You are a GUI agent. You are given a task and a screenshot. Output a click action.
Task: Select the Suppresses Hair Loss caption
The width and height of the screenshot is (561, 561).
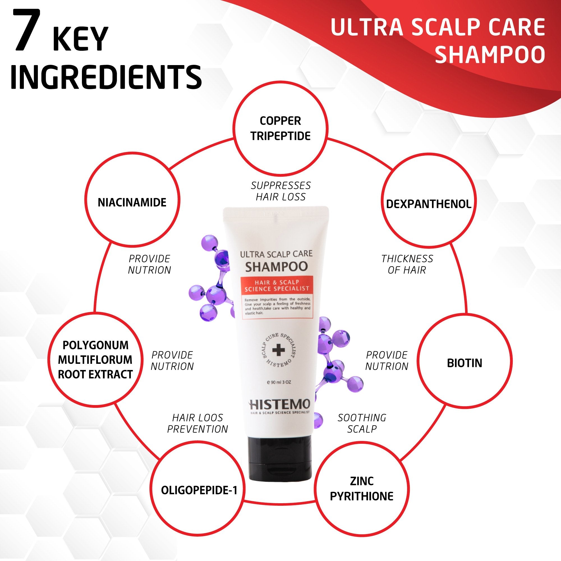coord(281,191)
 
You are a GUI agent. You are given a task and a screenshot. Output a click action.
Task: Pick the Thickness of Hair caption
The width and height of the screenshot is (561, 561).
coord(407,264)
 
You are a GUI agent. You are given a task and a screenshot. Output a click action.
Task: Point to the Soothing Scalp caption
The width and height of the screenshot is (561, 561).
coord(362,423)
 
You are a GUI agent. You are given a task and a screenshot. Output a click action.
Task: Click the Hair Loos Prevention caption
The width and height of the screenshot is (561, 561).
coord(198,423)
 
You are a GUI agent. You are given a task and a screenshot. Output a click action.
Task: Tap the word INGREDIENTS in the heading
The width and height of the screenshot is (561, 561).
coord(106,77)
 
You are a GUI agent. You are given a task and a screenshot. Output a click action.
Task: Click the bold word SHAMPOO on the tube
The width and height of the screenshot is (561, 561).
coord(277,266)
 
